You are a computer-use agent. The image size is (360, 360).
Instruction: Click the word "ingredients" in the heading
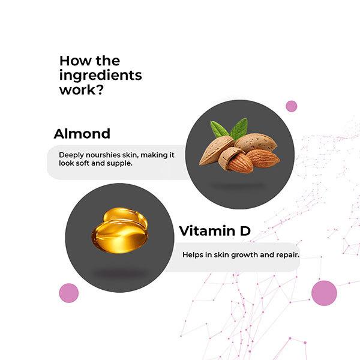pos(101,76)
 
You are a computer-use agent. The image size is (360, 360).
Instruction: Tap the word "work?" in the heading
pos(82,90)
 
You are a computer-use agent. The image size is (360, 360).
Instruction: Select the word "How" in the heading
pos(76,61)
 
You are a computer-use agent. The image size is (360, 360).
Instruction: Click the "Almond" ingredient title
pos(82,134)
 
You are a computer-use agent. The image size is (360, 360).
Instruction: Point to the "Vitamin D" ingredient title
pos(215,231)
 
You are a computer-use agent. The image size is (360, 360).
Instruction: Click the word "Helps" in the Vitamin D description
pos(193,255)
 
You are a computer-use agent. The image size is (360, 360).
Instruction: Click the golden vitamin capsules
pos(120,230)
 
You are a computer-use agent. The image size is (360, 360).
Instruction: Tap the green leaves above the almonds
pos(229,129)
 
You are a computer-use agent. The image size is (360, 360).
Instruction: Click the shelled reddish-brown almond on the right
pos(263,158)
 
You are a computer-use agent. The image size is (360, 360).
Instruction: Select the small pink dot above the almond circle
pos(292,106)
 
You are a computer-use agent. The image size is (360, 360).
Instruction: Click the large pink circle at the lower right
pos(324,293)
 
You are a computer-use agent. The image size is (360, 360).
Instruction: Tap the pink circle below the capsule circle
pos(69,293)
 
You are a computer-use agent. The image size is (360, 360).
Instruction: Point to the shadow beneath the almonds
pos(238,185)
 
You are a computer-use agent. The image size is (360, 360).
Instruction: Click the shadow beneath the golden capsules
pos(120,274)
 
